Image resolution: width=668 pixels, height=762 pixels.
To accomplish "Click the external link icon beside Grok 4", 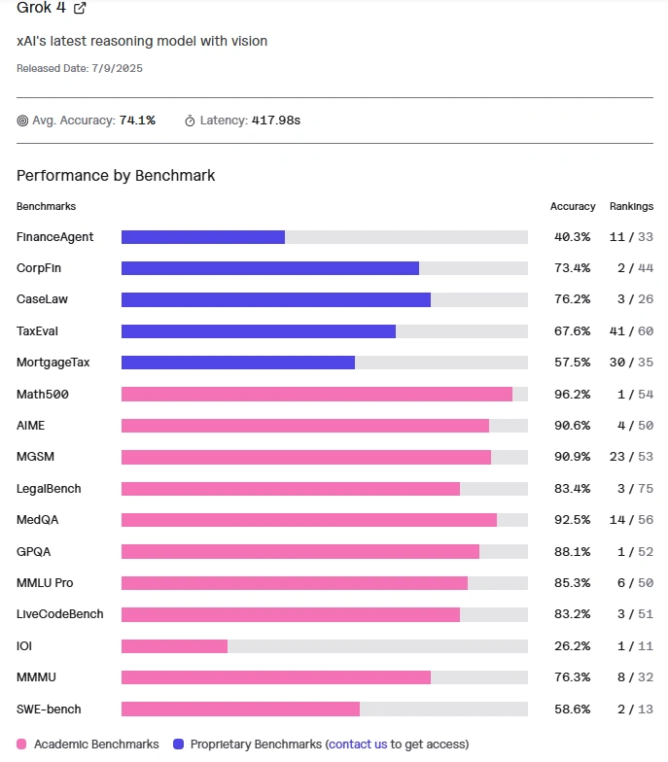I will (x=80, y=8).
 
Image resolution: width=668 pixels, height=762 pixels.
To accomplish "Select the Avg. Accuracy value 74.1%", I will (x=137, y=121).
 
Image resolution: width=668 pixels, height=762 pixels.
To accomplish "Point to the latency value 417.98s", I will (x=276, y=121).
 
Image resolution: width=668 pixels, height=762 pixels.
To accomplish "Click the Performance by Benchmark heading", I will (x=116, y=176).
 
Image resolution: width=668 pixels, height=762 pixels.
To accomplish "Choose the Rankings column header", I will (x=631, y=206).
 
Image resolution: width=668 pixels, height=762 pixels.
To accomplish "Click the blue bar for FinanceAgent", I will (x=203, y=237).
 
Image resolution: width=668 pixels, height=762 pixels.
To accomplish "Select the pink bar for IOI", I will (x=174, y=646).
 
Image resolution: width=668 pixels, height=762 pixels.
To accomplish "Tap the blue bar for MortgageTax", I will (x=238, y=363).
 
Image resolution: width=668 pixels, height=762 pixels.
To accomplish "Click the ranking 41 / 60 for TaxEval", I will (x=631, y=331).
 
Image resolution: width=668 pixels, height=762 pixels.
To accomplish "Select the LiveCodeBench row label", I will (x=60, y=614).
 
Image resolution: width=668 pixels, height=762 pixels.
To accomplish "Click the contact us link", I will (x=358, y=745).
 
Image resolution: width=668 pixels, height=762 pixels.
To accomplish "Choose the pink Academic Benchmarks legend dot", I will (x=22, y=745).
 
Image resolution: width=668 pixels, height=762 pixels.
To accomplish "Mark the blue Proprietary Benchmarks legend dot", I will (x=178, y=745).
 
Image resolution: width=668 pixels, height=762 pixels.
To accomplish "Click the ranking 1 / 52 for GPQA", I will (x=631, y=552).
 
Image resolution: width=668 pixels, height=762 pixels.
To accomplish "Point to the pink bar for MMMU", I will (x=276, y=677).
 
